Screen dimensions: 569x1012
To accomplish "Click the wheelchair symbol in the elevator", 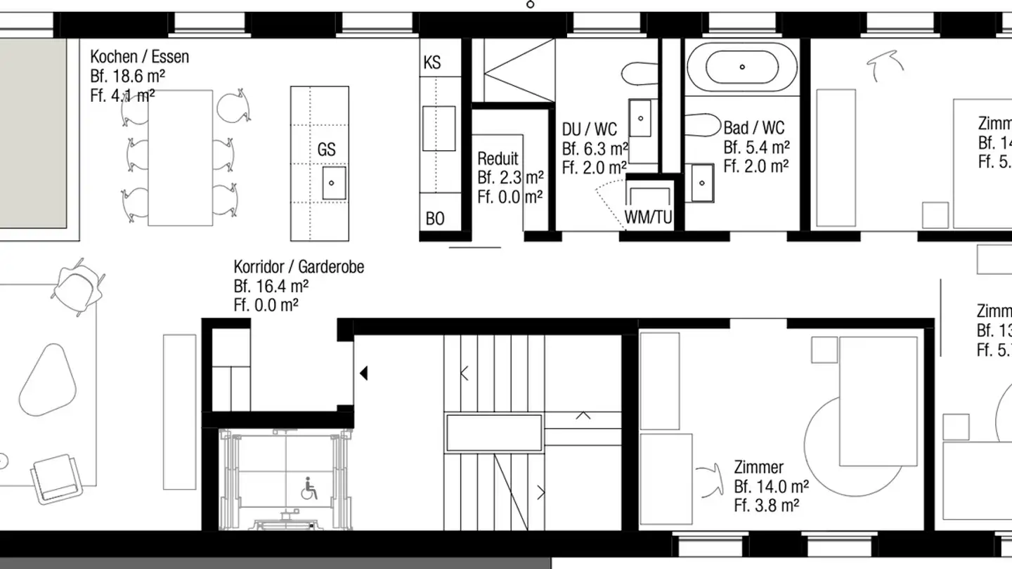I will click(309, 488).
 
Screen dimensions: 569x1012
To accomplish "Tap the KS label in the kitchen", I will click(432, 63).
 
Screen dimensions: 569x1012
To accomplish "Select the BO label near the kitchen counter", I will click(435, 219).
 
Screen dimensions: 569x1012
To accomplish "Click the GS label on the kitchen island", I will click(326, 150).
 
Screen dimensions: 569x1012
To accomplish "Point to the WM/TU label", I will click(649, 218).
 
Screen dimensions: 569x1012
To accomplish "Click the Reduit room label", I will click(498, 158).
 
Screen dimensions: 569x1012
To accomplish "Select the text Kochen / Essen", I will click(140, 57).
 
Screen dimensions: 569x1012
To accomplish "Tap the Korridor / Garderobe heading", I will click(299, 267).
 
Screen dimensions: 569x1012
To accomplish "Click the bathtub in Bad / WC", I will click(742, 67).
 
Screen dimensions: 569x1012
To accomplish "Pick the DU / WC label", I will click(590, 129).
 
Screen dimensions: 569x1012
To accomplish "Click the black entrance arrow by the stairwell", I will click(363, 373).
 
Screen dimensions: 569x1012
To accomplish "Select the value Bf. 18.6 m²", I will click(128, 76).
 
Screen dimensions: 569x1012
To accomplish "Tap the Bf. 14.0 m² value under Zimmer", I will click(771, 486).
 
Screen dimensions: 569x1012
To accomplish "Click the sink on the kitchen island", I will click(333, 183).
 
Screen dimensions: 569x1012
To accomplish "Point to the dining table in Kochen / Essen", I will click(180, 157).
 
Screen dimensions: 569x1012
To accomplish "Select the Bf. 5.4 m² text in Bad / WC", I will click(756, 148).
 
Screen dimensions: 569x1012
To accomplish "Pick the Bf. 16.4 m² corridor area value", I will click(271, 286).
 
